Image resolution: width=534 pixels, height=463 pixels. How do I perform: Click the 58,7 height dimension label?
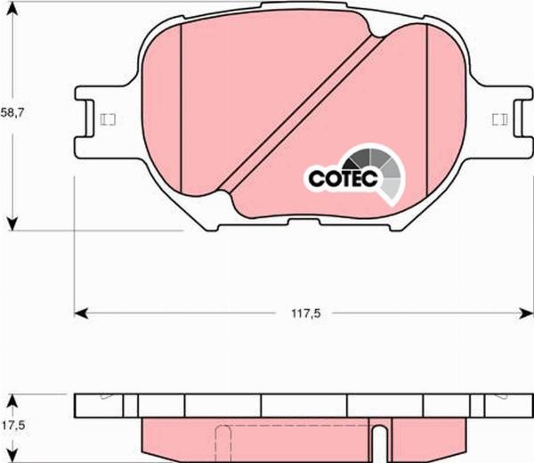pos(12,113)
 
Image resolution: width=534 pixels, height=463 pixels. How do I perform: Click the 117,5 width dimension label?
pos(306,313)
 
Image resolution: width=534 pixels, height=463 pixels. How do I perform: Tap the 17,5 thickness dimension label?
pos(12,426)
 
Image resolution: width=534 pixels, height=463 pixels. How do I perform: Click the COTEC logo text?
pos(343,178)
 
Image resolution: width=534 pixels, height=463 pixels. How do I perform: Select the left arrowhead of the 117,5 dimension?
pos(81,313)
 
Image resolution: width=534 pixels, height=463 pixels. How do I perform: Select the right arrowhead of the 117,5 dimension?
pos(525,313)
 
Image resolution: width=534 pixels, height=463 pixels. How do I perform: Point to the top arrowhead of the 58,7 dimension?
pos(12,10)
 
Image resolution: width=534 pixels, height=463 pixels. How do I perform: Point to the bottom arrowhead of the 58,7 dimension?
pos(12,223)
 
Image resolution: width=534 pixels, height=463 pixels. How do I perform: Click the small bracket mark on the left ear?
pos(109,119)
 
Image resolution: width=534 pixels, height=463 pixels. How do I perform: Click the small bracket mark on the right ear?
pos(500,119)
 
